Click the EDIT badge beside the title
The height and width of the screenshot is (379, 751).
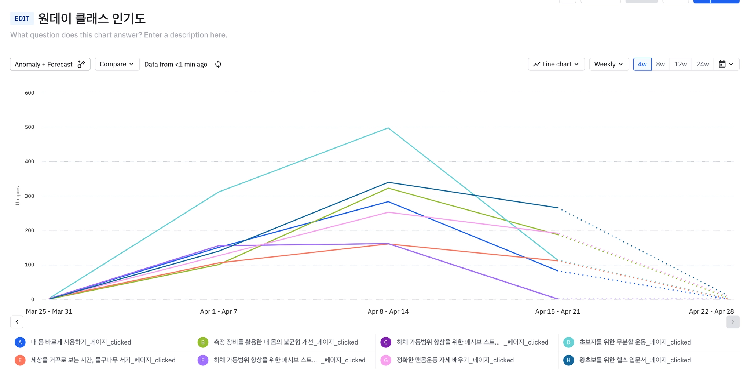click(x=22, y=18)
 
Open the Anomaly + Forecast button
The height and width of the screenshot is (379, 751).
click(x=50, y=64)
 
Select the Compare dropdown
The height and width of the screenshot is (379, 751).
click(x=117, y=64)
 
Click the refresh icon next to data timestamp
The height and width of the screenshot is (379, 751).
click(x=218, y=64)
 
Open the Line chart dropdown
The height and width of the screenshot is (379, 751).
click(x=556, y=64)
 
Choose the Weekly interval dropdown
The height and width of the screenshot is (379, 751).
click(x=609, y=64)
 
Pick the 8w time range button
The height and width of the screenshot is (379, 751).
click(x=660, y=64)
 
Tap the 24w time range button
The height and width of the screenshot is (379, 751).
click(x=703, y=64)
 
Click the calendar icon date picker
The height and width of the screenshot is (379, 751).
click(x=726, y=64)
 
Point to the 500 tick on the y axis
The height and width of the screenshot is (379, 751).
click(x=30, y=127)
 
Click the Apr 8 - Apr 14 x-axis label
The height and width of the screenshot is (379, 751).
click(x=388, y=311)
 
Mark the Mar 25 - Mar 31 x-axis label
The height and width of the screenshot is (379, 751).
click(x=49, y=311)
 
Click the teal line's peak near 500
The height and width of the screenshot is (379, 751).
click(x=388, y=128)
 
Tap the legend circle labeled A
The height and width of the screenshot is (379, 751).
click(x=20, y=342)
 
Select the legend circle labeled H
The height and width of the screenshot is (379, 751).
click(x=568, y=360)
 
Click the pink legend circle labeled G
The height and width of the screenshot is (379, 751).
click(x=386, y=360)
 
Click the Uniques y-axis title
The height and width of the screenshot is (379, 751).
click(x=18, y=196)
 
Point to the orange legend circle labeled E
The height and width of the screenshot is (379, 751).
click(x=20, y=360)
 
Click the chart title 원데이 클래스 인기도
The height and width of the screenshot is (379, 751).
click(x=92, y=18)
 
